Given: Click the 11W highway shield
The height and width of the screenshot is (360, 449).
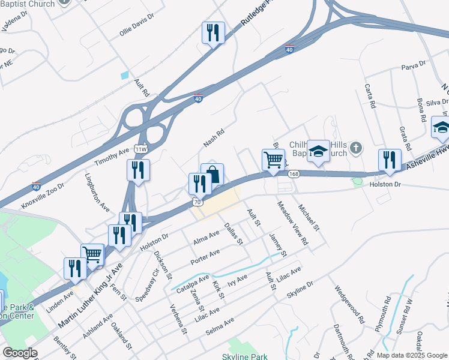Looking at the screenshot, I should [141, 149].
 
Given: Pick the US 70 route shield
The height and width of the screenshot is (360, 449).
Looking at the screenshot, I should [197, 202].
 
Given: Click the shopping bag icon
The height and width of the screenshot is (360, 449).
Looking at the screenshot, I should [212, 175].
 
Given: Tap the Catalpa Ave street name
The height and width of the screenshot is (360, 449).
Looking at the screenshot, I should [191, 284].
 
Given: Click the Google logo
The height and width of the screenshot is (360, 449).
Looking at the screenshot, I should [20, 353].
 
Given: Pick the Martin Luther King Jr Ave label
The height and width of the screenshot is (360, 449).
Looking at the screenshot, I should [89, 298].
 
